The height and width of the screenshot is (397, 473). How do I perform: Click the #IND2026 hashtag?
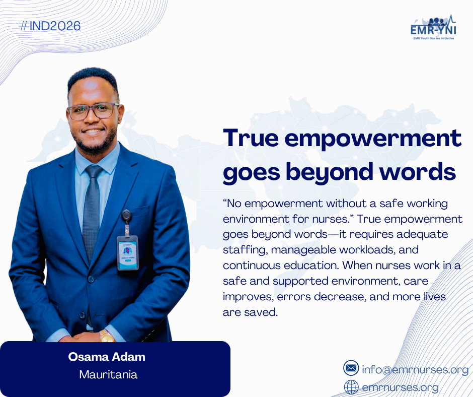click(50, 26)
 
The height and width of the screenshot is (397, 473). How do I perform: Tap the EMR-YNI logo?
click(433, 27)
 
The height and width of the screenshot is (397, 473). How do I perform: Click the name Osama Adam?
click(107, 357)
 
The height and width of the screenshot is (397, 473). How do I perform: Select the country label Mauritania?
click(108, 375)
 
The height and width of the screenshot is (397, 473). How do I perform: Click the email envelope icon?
click(351, 368)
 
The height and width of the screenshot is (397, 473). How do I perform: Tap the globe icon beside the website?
click(351, 387)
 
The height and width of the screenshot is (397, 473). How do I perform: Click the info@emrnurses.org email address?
click(415, 369)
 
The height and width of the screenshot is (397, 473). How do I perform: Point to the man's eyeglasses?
click(93, 111)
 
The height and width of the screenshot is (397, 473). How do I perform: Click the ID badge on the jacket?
click(128, 252)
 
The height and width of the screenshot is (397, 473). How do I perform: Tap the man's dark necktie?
click(92, 212)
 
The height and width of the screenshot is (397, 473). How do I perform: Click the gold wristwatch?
click(107, 336)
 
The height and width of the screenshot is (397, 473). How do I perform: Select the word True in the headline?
click(251, 138)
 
